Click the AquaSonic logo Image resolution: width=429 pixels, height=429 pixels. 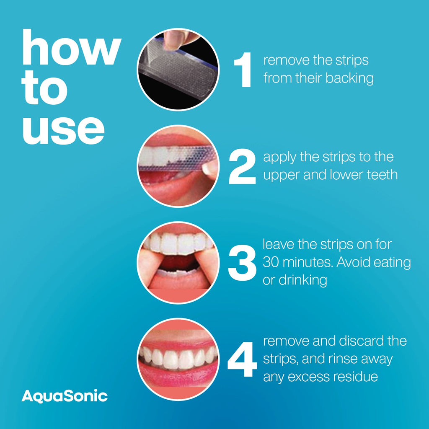[x=65, y=396]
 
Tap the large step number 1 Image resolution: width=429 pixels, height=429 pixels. [x=243, y=70]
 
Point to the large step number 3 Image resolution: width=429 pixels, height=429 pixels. [x=242, y=264]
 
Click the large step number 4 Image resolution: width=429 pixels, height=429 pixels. [x=242, y=360]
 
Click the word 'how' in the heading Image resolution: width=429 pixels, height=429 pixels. [x=71, y=50]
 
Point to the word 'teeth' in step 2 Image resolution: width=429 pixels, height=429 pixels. [x=379, y=175]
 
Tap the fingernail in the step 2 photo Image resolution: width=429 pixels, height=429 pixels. [x=209, y=168]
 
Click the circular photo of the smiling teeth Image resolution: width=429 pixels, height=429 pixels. [x=178, y=359]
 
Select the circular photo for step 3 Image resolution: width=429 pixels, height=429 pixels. [x=178, y=263]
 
